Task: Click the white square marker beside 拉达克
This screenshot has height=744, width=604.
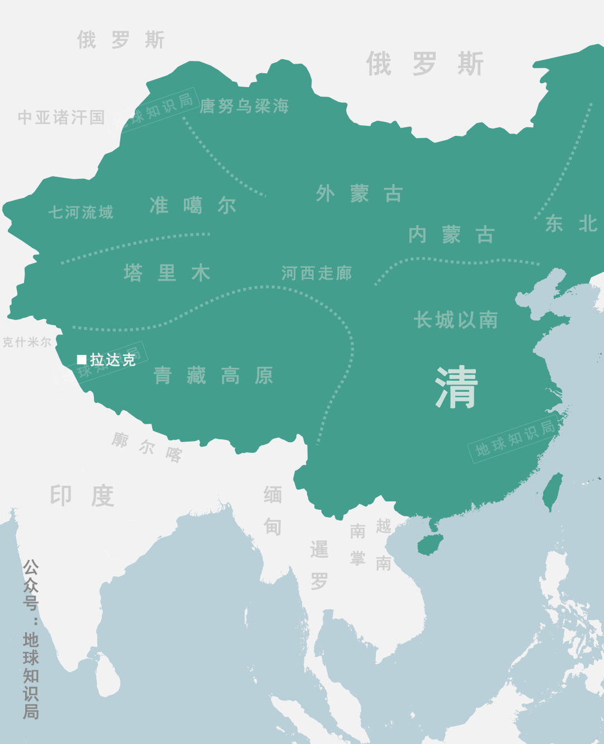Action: tap(82, 359)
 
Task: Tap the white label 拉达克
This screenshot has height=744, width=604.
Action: tap(113, 360)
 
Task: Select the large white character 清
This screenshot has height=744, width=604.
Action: tap(456, 387)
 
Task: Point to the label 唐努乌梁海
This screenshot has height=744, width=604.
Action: tap(244, 106)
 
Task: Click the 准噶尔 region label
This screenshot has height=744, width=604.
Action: tap(193, 206)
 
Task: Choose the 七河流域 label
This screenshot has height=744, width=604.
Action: tap(81, 212)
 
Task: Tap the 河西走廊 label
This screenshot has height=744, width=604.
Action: tap(317, 273)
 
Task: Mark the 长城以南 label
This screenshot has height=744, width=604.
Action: tap(456, 320)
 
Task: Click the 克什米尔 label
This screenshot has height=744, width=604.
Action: tap(27, 342)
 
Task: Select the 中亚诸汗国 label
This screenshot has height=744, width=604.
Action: tap(62, 117)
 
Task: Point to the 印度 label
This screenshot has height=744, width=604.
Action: tap(82, 496)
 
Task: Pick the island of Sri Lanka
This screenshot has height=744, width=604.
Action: tap(107, 677)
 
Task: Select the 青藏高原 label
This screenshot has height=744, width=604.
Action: tap(214, 376)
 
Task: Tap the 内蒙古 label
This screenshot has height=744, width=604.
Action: tap(451, 235)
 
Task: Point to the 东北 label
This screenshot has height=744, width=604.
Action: tap(571, 224)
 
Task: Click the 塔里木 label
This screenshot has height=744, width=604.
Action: tap(167, 273)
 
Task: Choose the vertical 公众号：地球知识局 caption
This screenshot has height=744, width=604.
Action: tap(31, 639)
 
